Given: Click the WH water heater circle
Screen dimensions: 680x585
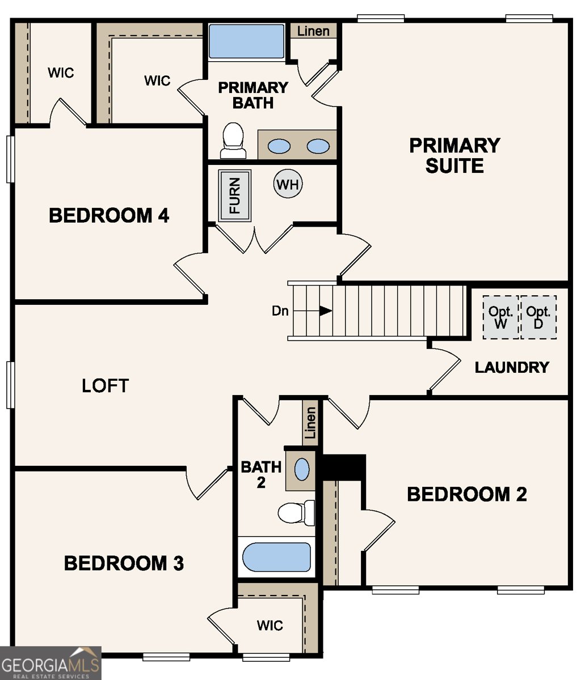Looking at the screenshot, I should (x=288, y=184).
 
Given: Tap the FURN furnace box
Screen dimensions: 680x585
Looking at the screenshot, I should (x=235, y=195).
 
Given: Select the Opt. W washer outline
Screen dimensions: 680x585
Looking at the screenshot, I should (x=500, y=317).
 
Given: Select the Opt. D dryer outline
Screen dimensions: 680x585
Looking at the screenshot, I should (x=538, y=317).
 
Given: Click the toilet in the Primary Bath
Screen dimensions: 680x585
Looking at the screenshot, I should (x=233, y=141).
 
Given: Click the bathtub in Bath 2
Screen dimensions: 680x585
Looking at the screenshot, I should (x=277, y=558).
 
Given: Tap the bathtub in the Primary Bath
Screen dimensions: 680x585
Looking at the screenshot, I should (x=246, y=41).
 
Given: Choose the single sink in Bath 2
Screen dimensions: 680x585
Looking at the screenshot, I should (x=302, y=469).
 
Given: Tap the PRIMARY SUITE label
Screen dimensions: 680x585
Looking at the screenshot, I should (x=454, y=155).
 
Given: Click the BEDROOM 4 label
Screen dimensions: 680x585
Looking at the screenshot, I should (x=109, y=216).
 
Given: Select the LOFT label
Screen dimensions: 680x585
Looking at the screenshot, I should (x=106, y=386).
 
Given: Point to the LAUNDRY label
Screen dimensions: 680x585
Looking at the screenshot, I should (x=512, y=367).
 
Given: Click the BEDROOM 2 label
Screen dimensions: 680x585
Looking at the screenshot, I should (x=466, y=494).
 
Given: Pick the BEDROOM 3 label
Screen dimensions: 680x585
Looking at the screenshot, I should (x=124, y=563).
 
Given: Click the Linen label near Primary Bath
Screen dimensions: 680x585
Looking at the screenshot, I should (x=313, y=31).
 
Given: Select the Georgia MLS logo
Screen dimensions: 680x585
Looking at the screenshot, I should (x=50, y=663).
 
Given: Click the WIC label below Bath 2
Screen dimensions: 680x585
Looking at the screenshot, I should (x=270, y=626).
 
